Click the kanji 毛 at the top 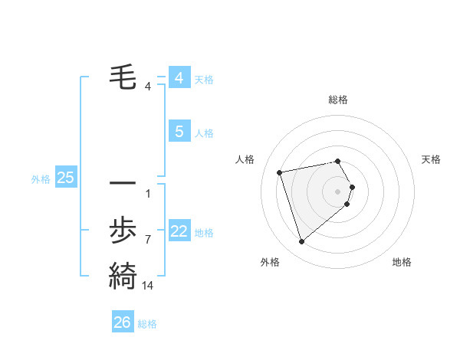point(123,77)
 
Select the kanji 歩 point(123,230)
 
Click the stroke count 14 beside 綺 point(148,285)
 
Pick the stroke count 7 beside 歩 point(148,240)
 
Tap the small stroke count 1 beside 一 point(148,193)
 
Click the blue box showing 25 point(65,178)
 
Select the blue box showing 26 point(123,322)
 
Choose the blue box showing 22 point(179,232)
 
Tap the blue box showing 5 point(179,132)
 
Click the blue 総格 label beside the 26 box point(147,324)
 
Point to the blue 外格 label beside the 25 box point(41,179)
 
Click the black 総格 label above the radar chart point(338,100)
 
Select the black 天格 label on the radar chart point(431,159)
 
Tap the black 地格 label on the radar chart point(402,262)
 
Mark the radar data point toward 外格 point(302,242)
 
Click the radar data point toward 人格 point(281,172)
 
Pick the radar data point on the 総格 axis point(337,161)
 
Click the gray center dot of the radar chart point(338,191)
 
